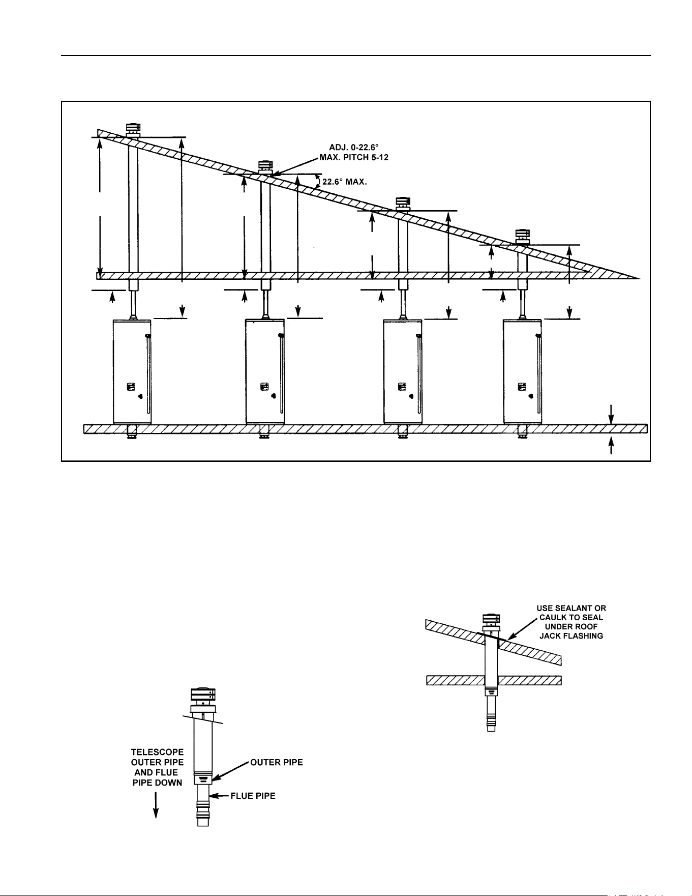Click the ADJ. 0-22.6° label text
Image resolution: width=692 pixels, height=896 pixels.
point(354,148)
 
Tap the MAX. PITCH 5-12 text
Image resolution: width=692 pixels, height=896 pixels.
point(354,158)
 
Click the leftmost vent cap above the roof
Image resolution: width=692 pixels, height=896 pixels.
point(133,129)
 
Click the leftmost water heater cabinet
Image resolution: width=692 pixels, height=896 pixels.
point(132,372)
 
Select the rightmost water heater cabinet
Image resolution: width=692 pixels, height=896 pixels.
point(523,372)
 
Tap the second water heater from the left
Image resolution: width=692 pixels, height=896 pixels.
point(265,372)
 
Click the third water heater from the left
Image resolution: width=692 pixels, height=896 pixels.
point(402,372)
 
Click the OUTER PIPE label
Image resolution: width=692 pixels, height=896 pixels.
point(277,762)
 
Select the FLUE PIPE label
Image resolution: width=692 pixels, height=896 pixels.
point(253,796)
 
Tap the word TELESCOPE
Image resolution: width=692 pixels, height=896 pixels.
point(157,752)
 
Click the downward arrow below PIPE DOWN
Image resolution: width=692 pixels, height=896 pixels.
point(157,805)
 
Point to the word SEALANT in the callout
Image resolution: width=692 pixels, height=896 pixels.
point(573,609)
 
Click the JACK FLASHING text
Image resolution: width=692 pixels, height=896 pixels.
point(571,636)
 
